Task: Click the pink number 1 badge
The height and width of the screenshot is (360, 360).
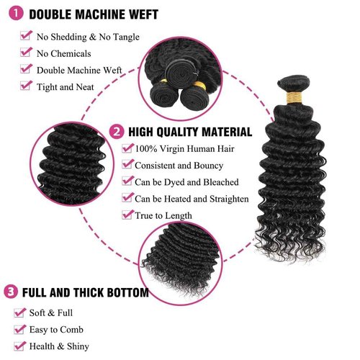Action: tap(14, 14)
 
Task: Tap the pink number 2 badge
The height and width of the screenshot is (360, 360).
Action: tap(117, 132)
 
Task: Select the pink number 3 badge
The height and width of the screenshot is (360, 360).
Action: tap(10, 292)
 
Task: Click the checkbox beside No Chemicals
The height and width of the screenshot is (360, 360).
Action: tap(26, 53)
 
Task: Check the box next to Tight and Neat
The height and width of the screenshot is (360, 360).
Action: tap(26, 86)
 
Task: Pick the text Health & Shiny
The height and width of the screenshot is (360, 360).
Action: tap(60, 346)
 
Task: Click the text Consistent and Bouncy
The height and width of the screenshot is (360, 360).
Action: tap(180, 166)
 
